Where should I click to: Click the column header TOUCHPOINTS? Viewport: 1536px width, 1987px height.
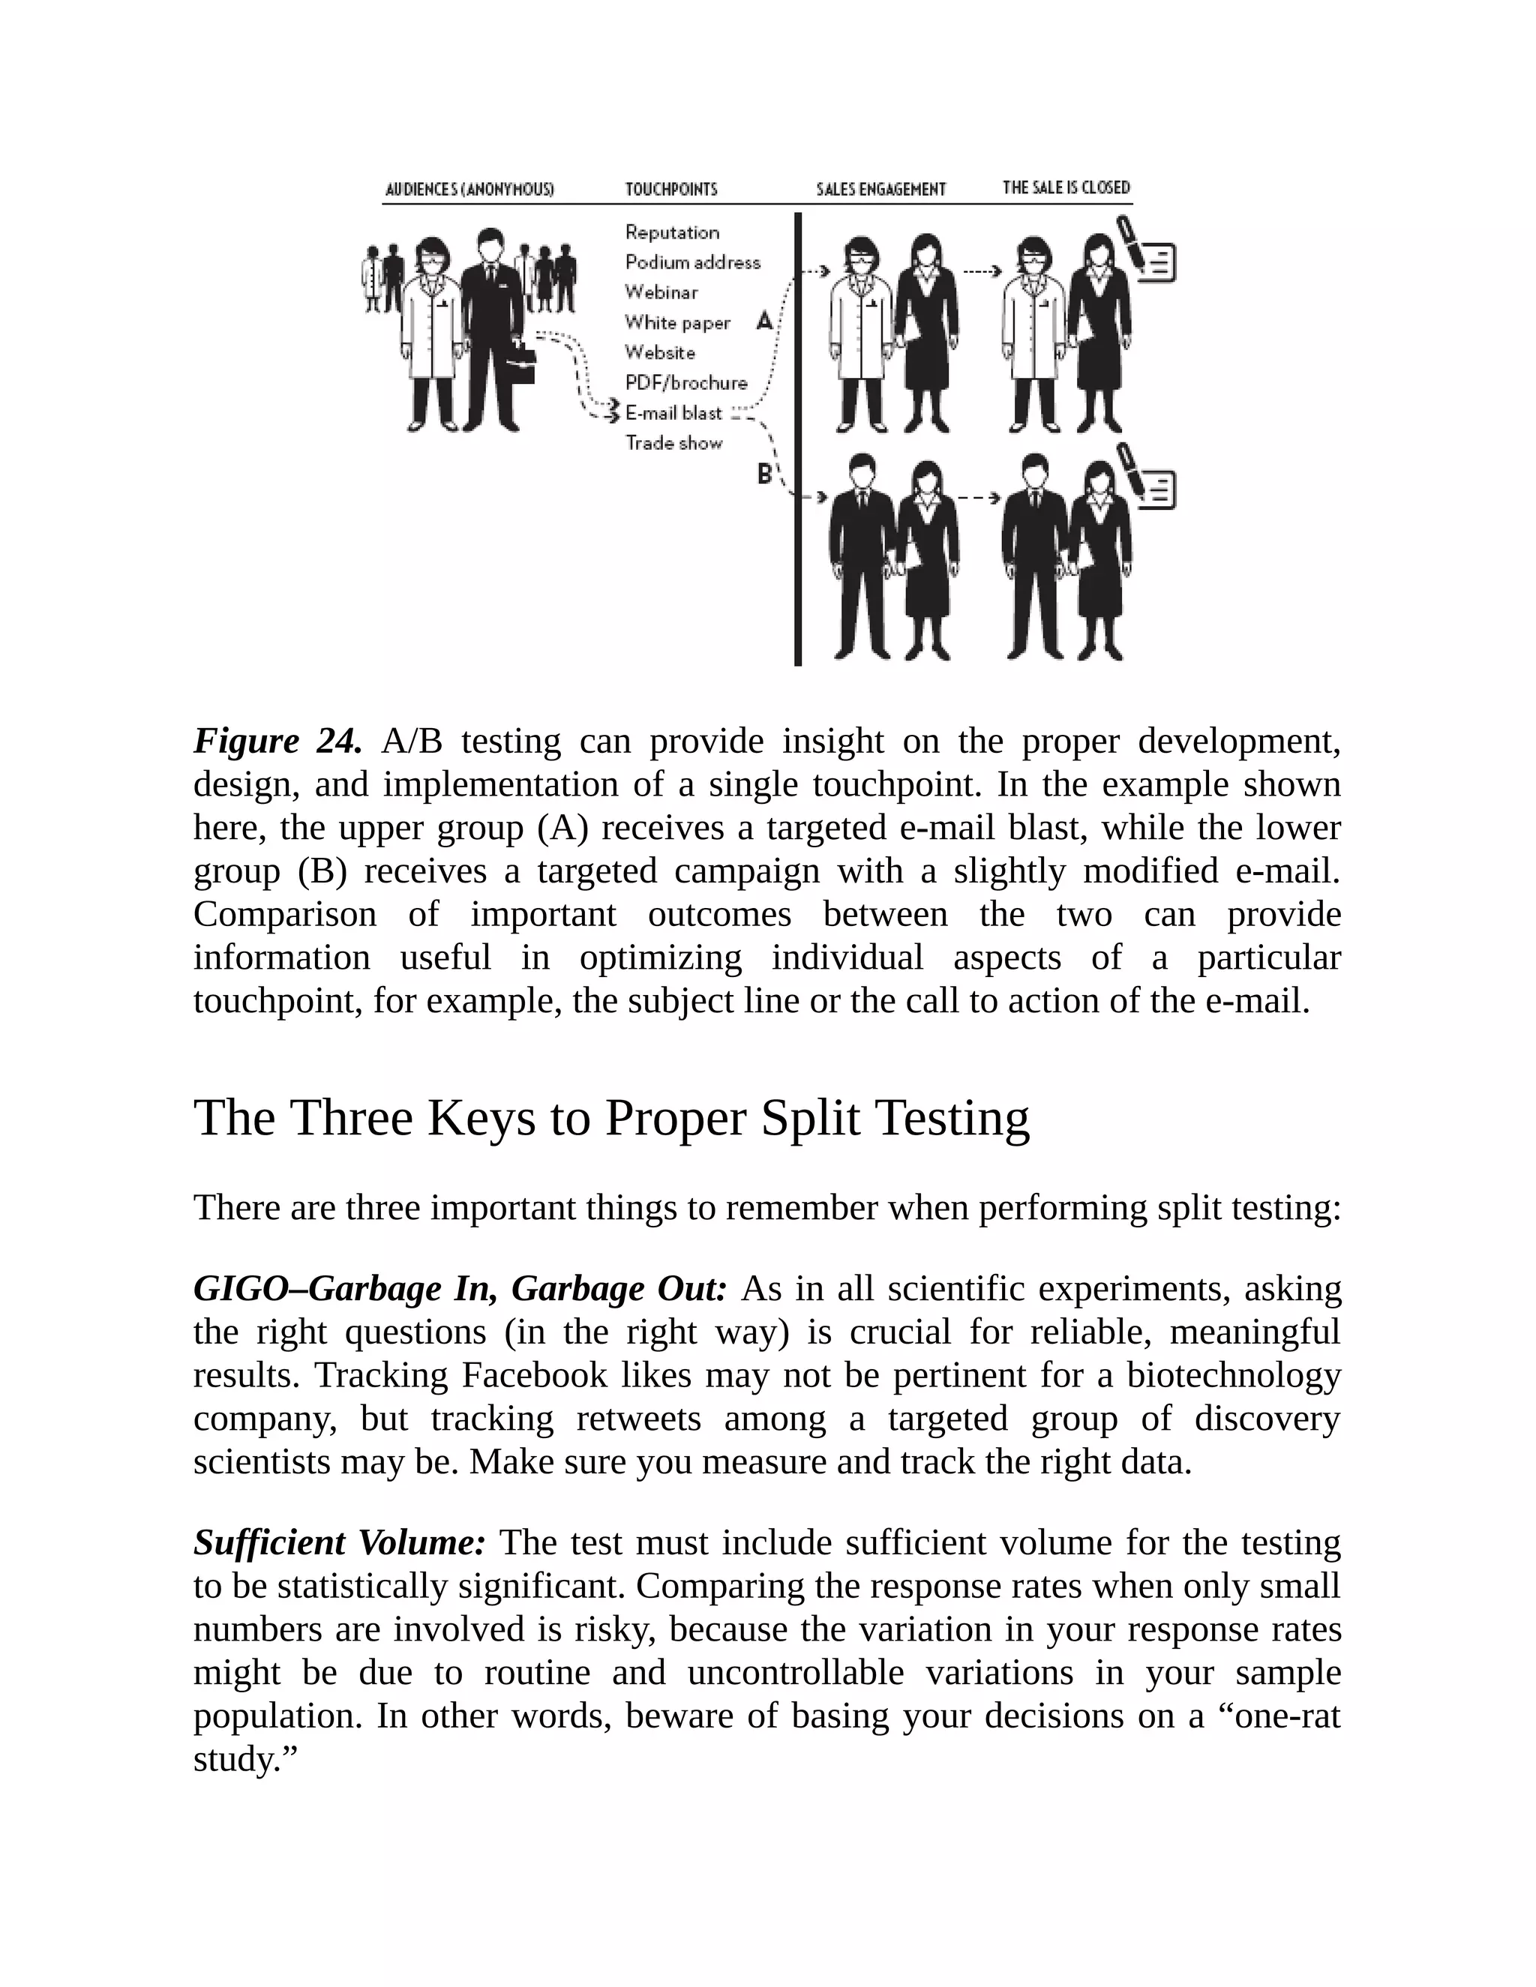pos(670,189)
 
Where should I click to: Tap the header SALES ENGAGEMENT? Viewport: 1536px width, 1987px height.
pos(880,189)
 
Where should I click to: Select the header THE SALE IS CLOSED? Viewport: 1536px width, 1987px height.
pos(1066,187)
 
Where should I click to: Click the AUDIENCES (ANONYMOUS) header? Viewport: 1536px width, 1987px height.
pos(469,189)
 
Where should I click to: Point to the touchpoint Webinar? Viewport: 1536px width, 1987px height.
pos(661,292)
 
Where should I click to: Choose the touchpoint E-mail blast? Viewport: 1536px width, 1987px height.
pos(673,413)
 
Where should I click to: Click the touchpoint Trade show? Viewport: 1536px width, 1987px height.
pos(673,443)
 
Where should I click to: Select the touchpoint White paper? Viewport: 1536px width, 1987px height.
pos(677,322)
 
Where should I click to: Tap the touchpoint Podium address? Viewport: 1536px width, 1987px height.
pos(691,262)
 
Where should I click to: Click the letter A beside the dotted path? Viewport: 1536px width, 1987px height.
pos(764,320)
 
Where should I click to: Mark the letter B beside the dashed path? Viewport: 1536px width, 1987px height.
pos(764,474)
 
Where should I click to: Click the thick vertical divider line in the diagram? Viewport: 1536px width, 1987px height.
pos(798,436)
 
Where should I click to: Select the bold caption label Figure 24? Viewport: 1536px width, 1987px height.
pos(277,742)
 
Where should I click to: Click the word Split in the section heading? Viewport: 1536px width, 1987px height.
pos(810,1117)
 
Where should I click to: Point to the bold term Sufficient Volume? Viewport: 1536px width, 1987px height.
pos(340,1543)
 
